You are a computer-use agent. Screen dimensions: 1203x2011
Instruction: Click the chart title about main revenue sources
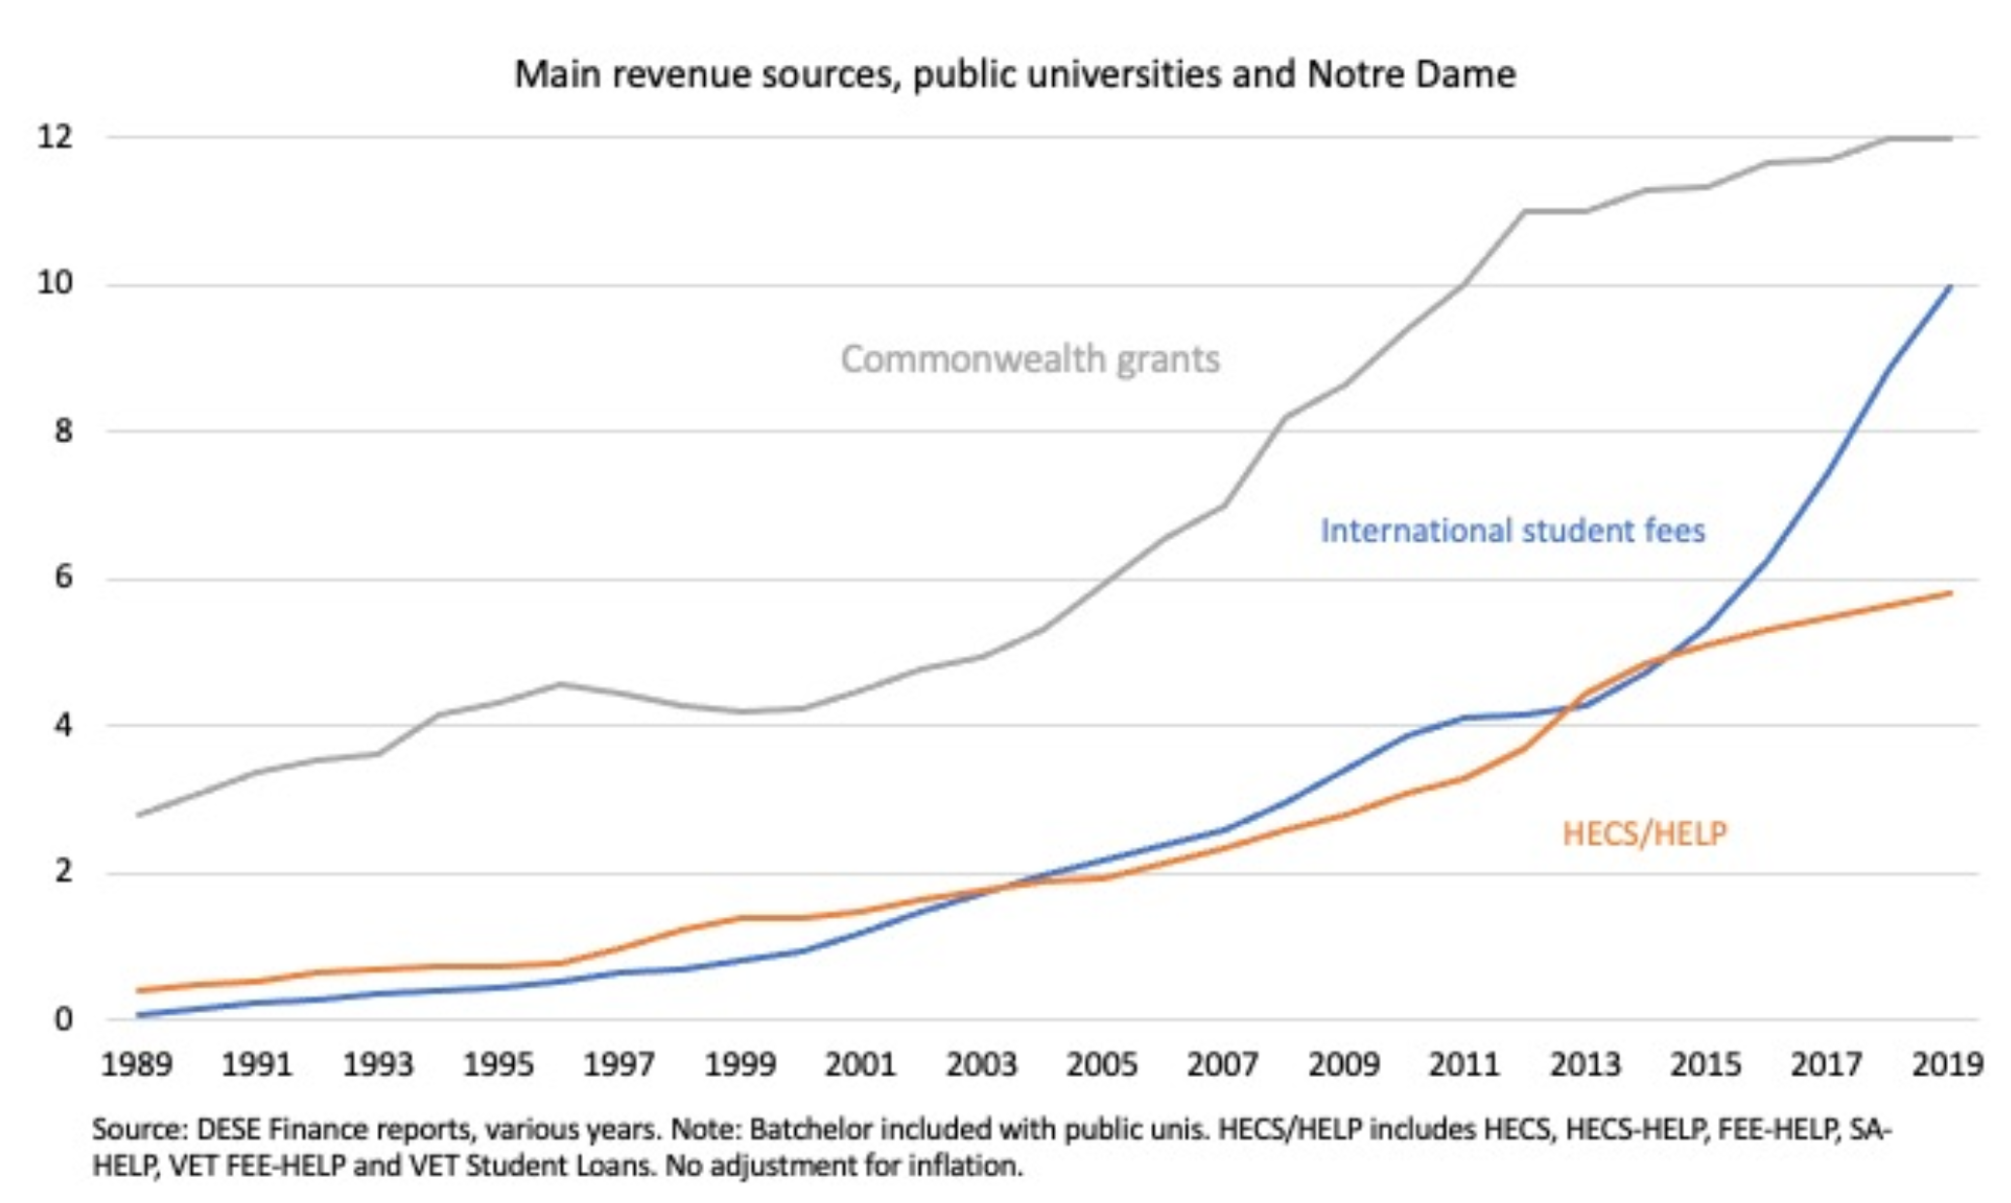1014,75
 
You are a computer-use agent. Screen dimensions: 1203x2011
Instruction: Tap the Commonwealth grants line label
1030,360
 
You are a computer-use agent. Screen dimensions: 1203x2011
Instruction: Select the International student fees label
1512,531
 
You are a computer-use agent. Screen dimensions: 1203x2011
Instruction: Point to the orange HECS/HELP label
1644,834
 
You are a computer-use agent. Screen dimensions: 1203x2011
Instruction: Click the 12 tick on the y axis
55,138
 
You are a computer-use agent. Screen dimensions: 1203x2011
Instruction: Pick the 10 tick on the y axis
55,284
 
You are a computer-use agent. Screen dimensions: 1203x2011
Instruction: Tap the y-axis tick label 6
63,579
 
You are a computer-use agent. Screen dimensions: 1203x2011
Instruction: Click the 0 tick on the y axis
63,1019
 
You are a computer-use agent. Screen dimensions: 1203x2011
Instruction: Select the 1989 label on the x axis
137,1064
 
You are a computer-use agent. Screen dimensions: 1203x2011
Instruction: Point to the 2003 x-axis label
981,1064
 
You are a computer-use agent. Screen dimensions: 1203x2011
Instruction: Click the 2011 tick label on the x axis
1464,1064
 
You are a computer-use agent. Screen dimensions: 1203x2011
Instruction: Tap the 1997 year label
620,1064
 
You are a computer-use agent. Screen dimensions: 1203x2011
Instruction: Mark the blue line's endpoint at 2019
1950,287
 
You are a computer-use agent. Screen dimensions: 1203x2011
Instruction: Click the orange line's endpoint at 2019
1950,593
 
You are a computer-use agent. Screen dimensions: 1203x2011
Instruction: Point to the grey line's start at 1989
139,815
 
